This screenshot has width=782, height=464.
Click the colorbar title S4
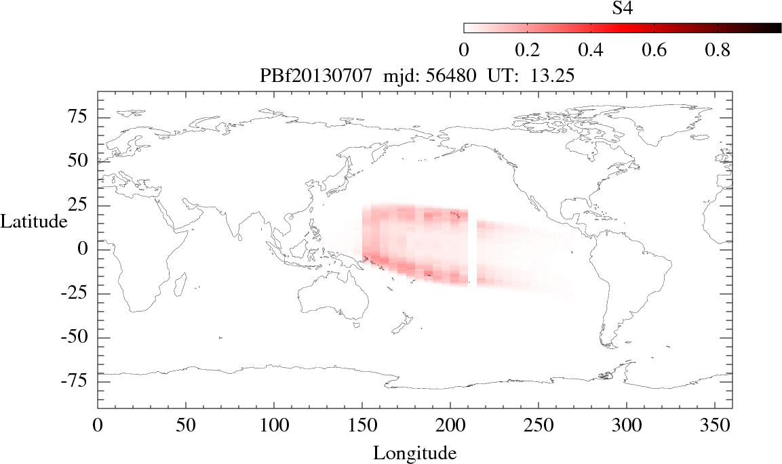pos(623,8)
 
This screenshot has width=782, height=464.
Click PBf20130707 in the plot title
pos(315,77)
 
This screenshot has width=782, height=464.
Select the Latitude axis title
pos(34,222)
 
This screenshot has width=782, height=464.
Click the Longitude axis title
pos(414,452)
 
